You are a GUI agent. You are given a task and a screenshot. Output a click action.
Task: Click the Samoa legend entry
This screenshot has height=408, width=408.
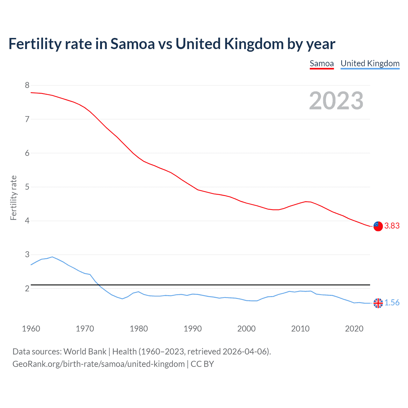(x=322, y=63)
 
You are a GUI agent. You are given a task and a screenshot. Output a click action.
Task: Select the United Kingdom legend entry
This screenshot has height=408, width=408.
(x=370, y=63)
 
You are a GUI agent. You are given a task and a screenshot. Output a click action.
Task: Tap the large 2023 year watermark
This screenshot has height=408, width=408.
(x=336, y=101)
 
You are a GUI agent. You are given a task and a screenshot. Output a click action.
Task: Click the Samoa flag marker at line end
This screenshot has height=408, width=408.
(x=378, y=226)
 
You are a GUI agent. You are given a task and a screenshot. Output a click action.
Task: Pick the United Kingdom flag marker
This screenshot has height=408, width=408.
(x=378, y=303)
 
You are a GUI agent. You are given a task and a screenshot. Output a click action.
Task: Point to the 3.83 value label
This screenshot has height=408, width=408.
(x=392, y=226)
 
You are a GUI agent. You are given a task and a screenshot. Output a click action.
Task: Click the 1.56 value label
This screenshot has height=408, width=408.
(x=392, y=303)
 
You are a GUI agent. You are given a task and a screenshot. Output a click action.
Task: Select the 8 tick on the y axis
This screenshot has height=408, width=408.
(x=27, y=85)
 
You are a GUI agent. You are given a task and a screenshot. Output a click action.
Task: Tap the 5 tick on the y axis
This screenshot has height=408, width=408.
(x=27, y=187)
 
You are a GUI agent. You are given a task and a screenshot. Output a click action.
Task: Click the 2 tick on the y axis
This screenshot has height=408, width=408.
(x=27, y=288)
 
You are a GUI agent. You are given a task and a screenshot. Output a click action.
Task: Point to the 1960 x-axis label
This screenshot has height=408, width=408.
(x=31, y=329)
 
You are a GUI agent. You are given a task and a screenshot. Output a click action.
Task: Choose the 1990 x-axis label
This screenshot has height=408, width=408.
(x=193, y=329)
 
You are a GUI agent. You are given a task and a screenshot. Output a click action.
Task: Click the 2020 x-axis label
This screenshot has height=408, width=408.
(x=354, y=329)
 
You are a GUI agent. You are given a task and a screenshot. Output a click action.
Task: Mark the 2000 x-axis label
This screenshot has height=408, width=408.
(x=246, y=329)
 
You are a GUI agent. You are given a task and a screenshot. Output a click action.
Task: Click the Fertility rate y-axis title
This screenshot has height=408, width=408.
(x=13, y=198)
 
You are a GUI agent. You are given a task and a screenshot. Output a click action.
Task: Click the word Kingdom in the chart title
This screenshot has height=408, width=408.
(x=254, y=44)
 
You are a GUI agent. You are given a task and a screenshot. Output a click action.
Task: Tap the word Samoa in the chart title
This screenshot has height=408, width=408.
(x=132, y=44)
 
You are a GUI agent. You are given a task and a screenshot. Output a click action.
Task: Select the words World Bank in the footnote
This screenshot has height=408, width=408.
(x=85, y=352)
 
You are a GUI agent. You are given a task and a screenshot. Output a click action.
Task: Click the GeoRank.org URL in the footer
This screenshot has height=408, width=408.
(x=98, y=364)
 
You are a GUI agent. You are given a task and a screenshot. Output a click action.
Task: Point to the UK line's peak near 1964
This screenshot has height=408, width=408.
(x=52, y=257)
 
